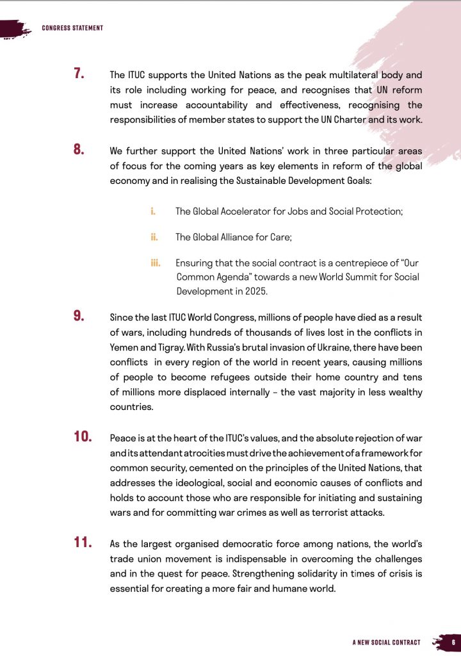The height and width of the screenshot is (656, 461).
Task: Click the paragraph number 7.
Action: (x=79, y=74)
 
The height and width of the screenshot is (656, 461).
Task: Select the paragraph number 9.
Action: (x=79, y=315)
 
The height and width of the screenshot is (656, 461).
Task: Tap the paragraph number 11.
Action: (x=83, y=543)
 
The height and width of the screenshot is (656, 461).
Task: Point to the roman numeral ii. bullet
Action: (x=154, y=237)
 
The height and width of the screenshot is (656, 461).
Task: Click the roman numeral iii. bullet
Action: (x=156, y=263)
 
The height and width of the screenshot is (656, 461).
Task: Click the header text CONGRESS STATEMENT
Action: (x=72, y=28)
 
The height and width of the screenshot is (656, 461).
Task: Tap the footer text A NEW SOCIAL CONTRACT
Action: (x=386, y=642)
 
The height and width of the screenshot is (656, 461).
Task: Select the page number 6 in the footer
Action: (x=453, y=642)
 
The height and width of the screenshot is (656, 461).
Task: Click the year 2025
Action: (x=252, y=291)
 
